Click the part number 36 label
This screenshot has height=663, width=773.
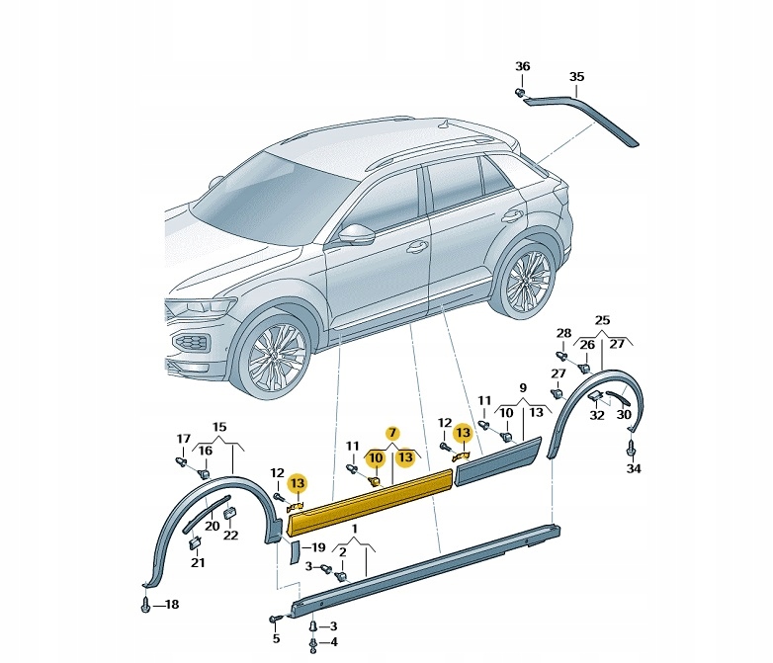point(522,66)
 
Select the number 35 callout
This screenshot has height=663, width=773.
point(577,76)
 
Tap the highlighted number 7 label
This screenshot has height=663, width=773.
point(391,433)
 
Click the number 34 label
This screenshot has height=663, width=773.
point(633,469)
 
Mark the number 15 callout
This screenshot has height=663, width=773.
point(219,426)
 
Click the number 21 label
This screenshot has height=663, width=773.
point(198,563)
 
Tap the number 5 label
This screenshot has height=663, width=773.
point(276,638)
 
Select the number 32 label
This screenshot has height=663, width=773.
point(597,416)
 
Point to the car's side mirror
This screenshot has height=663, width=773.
point(357,234)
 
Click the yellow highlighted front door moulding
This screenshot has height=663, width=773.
point(371,501)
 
